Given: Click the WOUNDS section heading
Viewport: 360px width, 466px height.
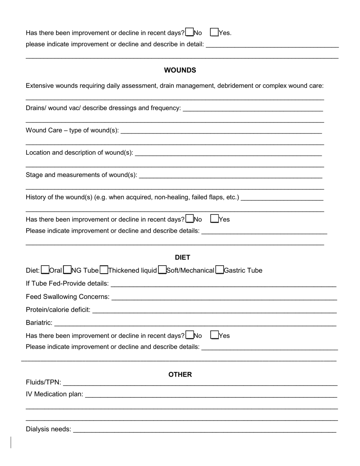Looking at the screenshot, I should coord(180,70).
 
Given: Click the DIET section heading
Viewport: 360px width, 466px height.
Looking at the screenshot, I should coord(182,257).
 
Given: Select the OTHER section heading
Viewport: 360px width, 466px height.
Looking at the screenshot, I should coord(180,374).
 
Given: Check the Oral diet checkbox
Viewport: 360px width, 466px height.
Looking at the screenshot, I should coord(45,270).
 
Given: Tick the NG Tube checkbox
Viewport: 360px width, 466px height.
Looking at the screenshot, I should coord(67,270).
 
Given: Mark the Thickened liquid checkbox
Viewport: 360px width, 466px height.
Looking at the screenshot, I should coord(103,270).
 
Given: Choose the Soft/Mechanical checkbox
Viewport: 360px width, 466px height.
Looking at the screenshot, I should coord(162,270).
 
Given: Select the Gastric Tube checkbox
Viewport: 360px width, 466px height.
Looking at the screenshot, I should coord(219,270).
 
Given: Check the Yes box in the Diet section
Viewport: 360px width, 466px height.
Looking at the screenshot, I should coord(214,335).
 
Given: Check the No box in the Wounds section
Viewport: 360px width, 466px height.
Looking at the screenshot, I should coord(189,219).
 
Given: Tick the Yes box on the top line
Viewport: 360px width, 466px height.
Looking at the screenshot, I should coord(214,32).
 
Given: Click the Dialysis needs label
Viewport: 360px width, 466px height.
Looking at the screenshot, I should coord(49,429).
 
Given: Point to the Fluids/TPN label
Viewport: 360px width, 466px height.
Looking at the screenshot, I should coord(43,382).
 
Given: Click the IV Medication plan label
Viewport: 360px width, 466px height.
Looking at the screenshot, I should coord(54,394).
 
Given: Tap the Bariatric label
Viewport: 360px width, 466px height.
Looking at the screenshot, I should coord(39,323).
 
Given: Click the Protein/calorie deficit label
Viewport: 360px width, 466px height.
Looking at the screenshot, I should coord(58,310).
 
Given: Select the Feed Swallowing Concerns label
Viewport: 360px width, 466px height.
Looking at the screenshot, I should coord(67,297).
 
